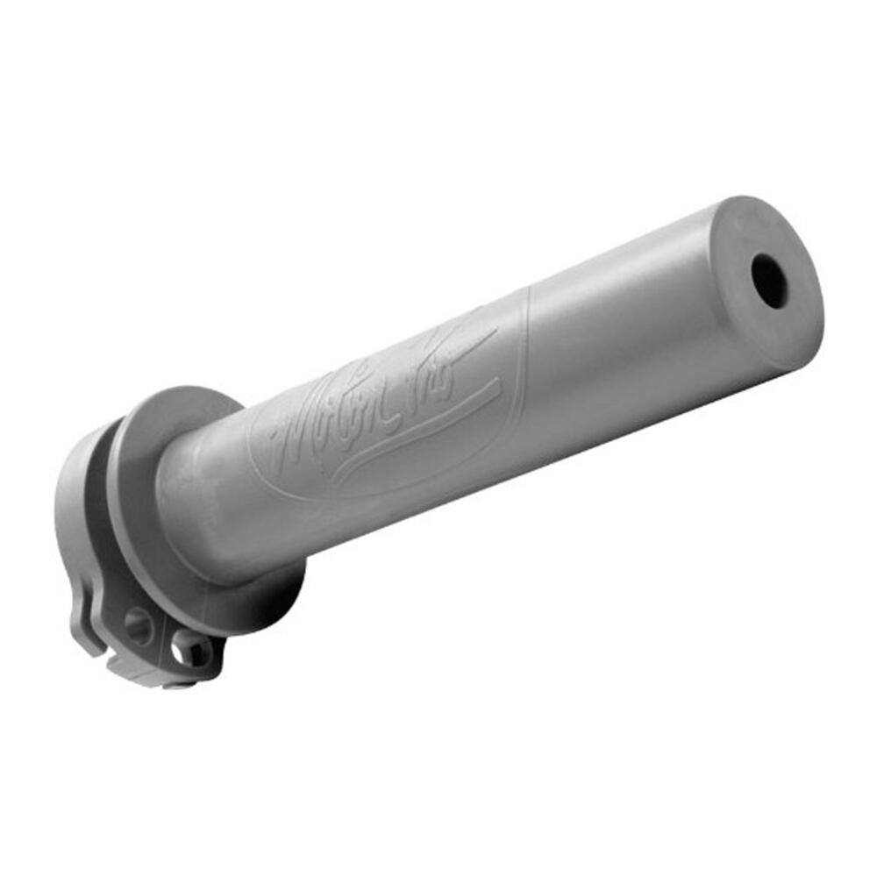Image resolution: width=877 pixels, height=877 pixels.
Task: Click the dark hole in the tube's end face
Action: click(x=770, y=280)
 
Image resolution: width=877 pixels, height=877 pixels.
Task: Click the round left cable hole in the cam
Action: click(x=139, y=625)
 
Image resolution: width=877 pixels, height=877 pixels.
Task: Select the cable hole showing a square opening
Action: click(x=189, y=650)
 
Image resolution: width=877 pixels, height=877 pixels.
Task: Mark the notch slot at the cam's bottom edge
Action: click(x=132, y=667)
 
